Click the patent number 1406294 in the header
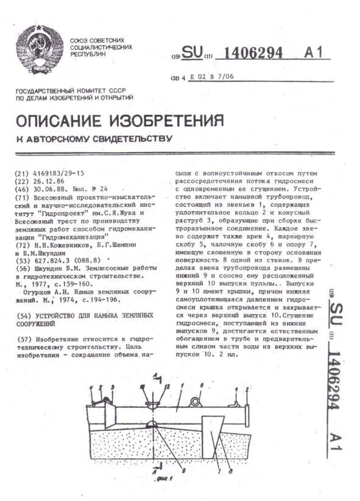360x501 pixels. point(253,53)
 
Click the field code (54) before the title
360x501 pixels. point(21,317)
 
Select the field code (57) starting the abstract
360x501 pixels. point(22,338)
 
